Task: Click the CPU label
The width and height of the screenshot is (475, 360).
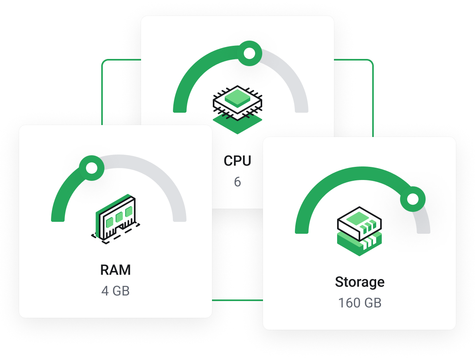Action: click(x=237, y=161)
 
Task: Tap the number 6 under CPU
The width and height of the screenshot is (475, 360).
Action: click(x=237, y=182)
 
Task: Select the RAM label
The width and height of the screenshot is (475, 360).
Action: click(x=116, y=270)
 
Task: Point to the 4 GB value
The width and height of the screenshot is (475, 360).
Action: click(x=116, y=291)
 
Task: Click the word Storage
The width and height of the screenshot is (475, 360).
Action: click(x=360, y=282)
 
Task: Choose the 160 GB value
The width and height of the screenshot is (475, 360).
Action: click(x=360, y=303)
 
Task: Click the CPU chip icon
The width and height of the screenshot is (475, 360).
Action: click(x=238, y=102)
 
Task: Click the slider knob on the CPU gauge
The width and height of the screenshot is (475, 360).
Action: click(x=249, y=53)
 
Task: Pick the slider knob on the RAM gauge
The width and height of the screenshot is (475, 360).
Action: click(x=92, y=168)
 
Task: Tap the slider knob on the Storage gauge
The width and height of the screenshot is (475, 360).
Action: click(x=413, y=198)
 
